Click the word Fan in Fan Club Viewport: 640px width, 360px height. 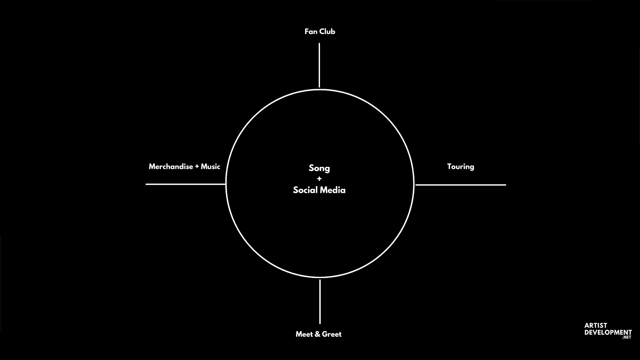click(311, 32)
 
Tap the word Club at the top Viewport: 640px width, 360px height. click(327, 32)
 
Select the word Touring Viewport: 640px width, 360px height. click(460, 167)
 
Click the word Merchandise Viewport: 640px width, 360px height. click(171, 166)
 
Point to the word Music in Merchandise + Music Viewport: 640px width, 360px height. click(210, 166)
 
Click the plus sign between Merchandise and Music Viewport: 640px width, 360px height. click(197, 167)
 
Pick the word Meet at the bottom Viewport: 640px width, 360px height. click(304, 334)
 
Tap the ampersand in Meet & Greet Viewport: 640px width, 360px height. click(318, 334)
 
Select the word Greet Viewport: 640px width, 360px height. click(332, 334)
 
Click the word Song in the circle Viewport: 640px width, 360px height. click(319, 168)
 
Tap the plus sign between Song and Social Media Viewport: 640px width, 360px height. click(319, 179)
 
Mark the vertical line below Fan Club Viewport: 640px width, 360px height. click(319, 65)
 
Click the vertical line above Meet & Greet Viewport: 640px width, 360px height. click(320, 302)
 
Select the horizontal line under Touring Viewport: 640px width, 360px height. click(460, 185)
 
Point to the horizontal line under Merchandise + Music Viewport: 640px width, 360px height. click(186, 184)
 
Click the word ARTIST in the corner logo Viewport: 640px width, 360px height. click(596, 326)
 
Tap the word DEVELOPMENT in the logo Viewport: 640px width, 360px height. click(608, 332)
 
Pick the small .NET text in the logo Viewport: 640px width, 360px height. click(627, 338)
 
